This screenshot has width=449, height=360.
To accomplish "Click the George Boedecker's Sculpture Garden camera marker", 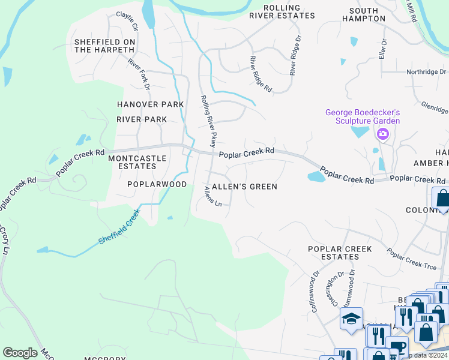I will point(382,134).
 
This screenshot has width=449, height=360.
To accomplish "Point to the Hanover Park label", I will point(150,104).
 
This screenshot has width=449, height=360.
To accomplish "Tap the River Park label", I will point(142,119).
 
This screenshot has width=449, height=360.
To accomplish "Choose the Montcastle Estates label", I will point(133,162).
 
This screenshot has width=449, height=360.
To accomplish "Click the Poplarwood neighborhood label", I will point(157,184).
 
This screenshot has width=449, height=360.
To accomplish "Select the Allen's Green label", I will point(243,187).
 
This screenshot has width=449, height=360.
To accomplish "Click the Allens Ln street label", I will point(213,196).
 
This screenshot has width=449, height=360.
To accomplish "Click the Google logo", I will point(20,353).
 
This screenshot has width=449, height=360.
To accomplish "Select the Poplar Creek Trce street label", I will point(412,259).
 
